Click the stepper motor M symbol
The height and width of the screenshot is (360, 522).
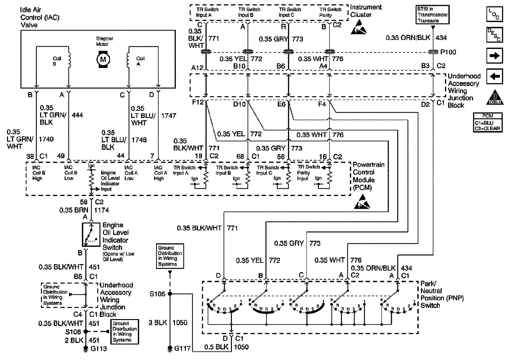[103, 59]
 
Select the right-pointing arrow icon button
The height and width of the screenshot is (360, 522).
[494, 56]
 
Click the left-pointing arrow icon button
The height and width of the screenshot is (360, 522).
[494, 76]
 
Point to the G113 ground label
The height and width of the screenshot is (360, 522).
[98, 348]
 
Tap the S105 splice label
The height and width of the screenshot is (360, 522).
[157, 294]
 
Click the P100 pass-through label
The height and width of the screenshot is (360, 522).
[448, 52]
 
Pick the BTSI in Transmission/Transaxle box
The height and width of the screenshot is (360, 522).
[432, 15]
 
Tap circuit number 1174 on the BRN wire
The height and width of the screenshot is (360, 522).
[101, 210]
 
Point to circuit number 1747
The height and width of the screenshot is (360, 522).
[169, 115]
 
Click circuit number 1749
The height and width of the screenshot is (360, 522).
[46, 139]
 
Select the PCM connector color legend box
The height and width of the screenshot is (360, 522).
[488, 122]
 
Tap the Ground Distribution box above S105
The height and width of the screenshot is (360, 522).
[170, 256]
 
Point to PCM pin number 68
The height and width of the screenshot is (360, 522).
[240, 156]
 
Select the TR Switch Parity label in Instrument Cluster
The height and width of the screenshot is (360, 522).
[330, 12]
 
